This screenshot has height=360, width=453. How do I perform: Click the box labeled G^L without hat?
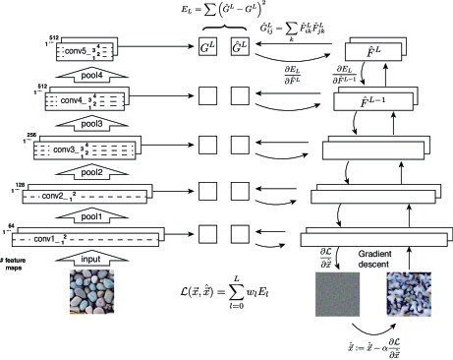click(x=208, y=45)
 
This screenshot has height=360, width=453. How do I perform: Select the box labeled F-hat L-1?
click(x=378, y=102)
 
